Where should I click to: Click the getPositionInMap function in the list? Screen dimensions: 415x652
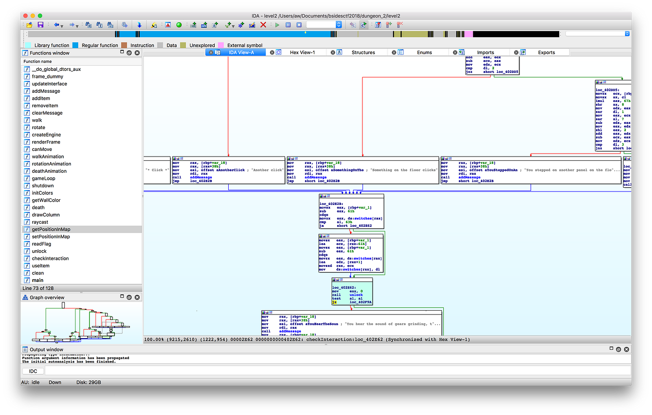pyautogui.click(x=51, y=229)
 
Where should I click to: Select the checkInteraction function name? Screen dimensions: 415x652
pyautogui.click(x=50, y=259)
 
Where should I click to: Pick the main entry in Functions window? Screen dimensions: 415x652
pyautogui.click(x=38, y=280)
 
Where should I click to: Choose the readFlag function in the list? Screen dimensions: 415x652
pyautogui.click(x=41, y=244)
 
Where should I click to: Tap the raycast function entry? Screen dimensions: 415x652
pyautogui.click(x=40, y=222)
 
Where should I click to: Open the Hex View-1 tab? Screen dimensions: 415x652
pyautogui.click(x=302, y=53)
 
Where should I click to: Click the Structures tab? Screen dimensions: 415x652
pyautogui.click(x=363, y=53)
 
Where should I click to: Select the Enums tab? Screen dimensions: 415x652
pyautogui.click(x=424, y=53)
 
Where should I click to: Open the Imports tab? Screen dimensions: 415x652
pyautogui.click(x=486, y=53)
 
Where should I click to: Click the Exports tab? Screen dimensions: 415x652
pyautogui.click(x=546, y=53)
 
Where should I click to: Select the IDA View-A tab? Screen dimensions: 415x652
pyautogui.click(x=241, y=53)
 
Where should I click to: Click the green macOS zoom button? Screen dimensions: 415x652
pyautogui.click(x=40, y=16)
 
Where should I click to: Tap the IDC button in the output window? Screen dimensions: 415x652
pyautogui.click(x=33, y=371)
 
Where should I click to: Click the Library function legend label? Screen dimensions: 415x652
pyautogui.click(x=52, y=46)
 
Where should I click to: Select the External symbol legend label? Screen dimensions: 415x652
pyautogui.click(x=244, y=46)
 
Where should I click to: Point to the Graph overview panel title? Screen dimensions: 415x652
pyautogui.click(x=47, y=298)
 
